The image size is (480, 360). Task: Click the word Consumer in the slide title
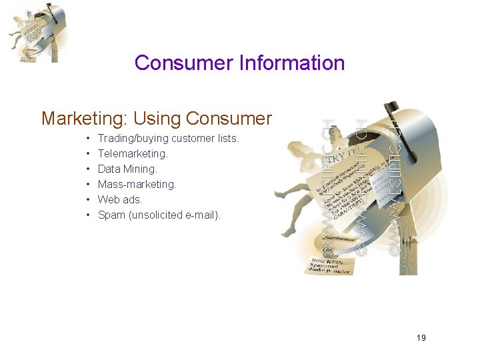point(175,63)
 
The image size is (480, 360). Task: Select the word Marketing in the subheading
point(84,119)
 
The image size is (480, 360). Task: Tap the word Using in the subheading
point(157,119)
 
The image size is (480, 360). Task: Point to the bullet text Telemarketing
point(133,153)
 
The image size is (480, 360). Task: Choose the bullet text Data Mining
point(127,169)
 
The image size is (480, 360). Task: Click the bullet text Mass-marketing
point(137,184)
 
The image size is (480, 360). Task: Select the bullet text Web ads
point(120,199)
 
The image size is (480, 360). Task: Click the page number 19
point(421,338)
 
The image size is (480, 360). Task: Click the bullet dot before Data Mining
point(89,169)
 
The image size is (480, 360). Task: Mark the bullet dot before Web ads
point(89,200)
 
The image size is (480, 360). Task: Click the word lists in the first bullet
point(227,138)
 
